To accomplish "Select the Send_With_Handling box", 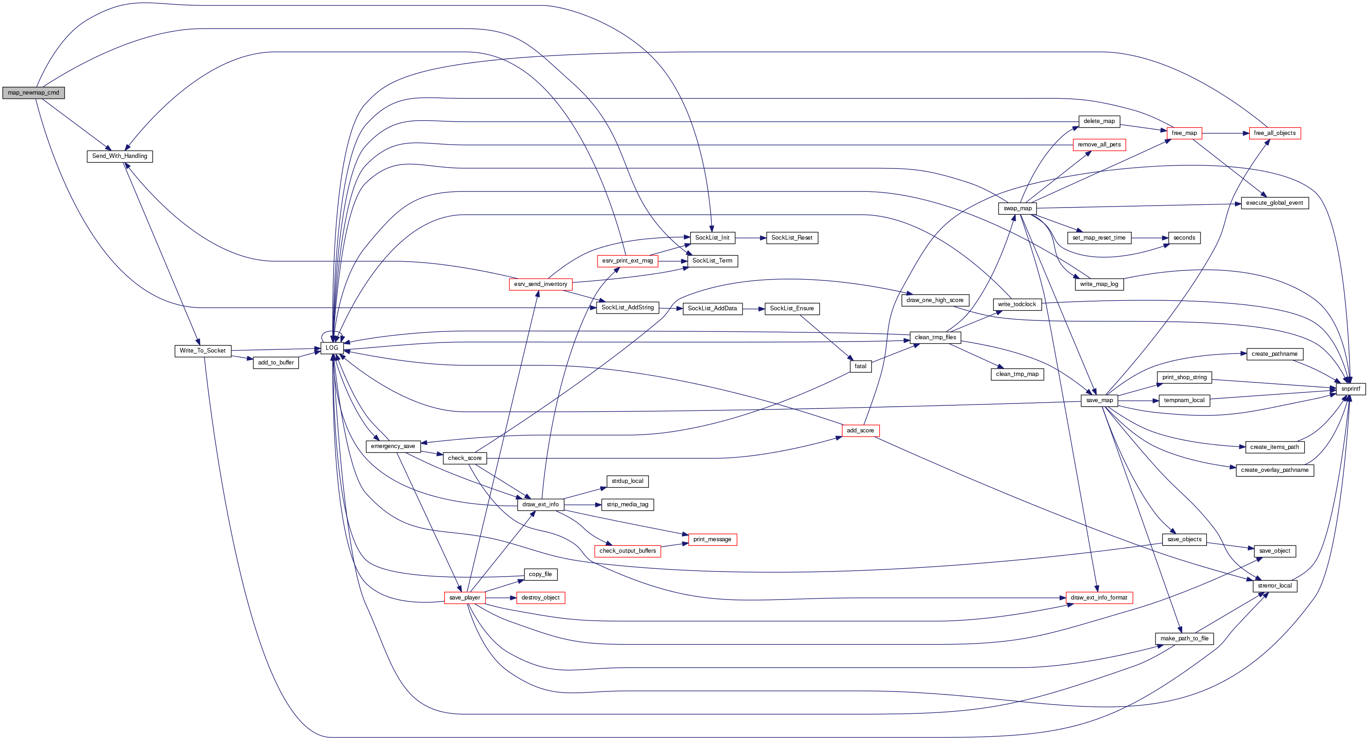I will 119,156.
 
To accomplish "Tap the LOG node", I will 332,348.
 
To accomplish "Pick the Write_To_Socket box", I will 202,351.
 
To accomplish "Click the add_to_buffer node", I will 276,363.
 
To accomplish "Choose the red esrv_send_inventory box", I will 540,284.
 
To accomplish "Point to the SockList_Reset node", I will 791,238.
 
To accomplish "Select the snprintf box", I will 1350,389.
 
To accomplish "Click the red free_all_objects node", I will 1274,133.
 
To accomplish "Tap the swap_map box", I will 1017,208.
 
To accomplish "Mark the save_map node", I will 1099,401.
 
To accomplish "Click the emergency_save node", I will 392,446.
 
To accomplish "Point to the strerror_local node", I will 1274,586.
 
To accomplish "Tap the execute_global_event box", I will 1274,203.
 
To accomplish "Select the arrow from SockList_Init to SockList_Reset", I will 750,238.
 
